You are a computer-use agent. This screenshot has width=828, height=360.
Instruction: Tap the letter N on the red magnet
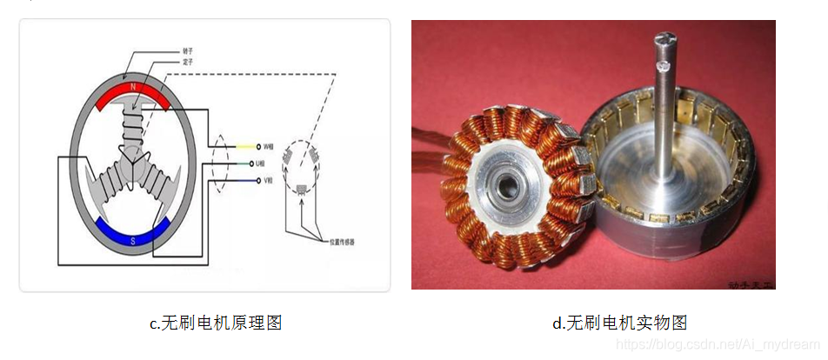click(x=133, y=88)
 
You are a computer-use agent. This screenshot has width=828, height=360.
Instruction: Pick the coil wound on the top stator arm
click(x=133, y=126)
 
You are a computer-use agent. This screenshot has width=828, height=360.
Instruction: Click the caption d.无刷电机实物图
click(x=619, y=323)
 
